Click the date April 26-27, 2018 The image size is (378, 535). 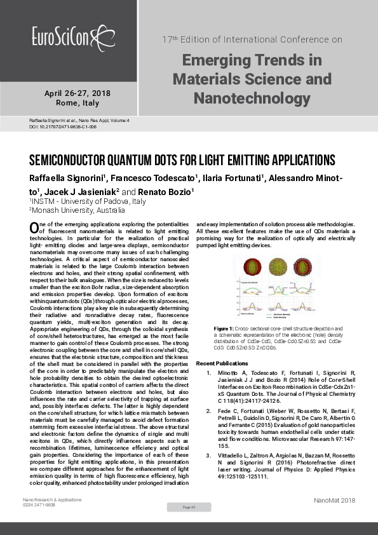click(x=77, y=93)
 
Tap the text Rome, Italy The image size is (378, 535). click(x=78, y=103)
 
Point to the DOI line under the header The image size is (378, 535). click(x=53, y=127)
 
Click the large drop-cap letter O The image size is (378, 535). click(x=36, y=227)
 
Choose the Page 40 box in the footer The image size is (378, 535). click(x=189, y=506)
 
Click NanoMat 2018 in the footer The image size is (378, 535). click(x=334, y=501)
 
